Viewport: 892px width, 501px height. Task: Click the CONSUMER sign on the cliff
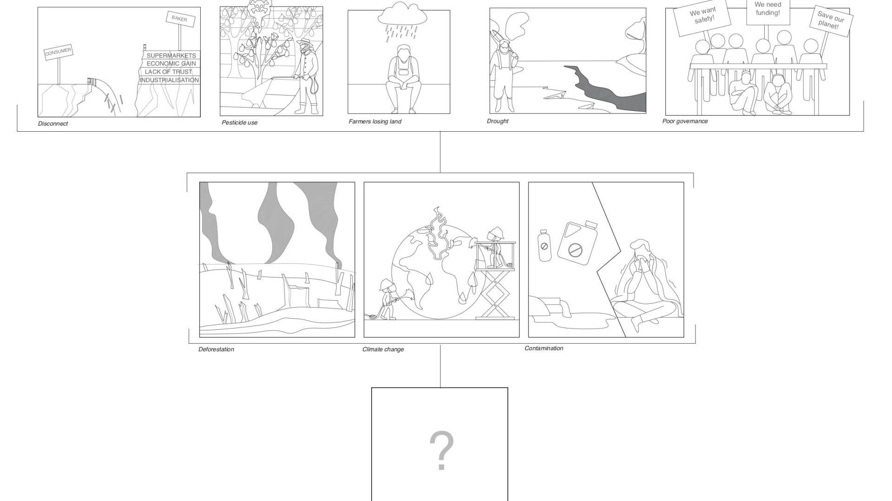pos(59,52)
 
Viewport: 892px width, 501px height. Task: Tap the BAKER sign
pos(180,19)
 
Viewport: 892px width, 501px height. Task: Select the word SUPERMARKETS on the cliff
pos(171,56)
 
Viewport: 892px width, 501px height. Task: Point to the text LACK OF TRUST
pos(168,72)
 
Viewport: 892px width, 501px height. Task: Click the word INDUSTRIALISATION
pos(169,80)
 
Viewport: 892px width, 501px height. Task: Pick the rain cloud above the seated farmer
pos(402,13)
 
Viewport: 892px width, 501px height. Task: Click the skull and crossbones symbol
pos(257,7)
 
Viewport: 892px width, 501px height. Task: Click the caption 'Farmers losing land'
pos(375,122)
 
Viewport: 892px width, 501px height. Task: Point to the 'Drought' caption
pos(498,121)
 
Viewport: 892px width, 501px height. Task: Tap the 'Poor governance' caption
pos(685,121)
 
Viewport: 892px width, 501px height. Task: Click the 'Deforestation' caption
pos(216,349)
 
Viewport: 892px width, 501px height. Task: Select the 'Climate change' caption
pos(383,349)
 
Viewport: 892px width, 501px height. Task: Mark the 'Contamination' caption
pos(544,348)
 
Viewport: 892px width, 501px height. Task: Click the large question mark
pos(441,450)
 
